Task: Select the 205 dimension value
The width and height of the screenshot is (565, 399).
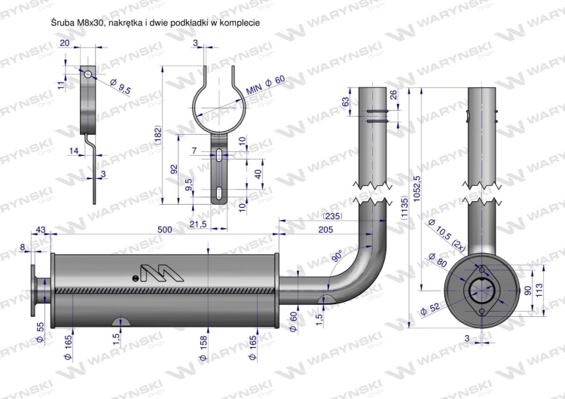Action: point(326,230)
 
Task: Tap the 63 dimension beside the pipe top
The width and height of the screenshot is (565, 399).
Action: point(346,102)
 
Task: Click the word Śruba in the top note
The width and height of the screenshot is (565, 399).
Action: point(61,23)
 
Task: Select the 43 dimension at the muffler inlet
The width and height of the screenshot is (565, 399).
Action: point(40,230)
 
